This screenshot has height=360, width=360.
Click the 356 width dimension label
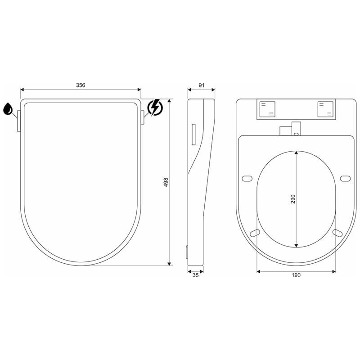click(x=81, y=85)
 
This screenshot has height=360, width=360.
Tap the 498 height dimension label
click(x=166, y=182)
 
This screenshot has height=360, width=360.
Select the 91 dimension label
click(x=201, y=85)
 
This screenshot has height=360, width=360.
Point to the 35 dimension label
click(x=195, y=275)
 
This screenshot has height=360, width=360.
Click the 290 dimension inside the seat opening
click(x=293, y=199)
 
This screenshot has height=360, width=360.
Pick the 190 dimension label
click(x=296, y=275)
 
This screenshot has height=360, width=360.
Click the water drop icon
click(x=8, y=108)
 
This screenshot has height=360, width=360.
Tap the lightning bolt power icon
click(x=155, y=108)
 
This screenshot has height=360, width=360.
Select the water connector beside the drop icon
click(x=19, y=121)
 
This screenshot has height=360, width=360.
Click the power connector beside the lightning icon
click(x=142, y=117)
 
